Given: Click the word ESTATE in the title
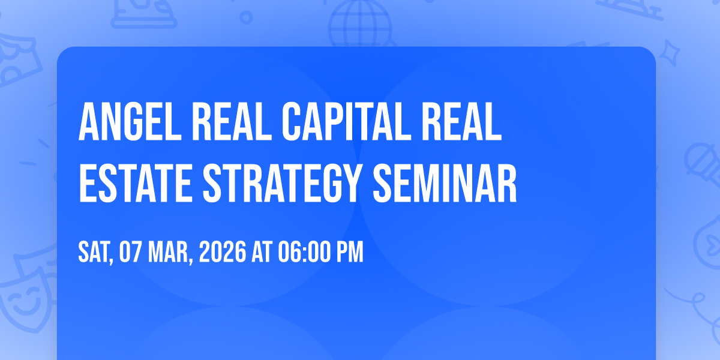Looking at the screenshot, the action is point(136,183).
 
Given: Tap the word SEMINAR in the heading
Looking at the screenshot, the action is point(445,183).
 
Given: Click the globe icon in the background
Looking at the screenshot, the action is point(360,24).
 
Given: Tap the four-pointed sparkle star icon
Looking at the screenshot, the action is point(669,53).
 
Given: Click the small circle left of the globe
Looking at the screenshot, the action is point(246,17).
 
